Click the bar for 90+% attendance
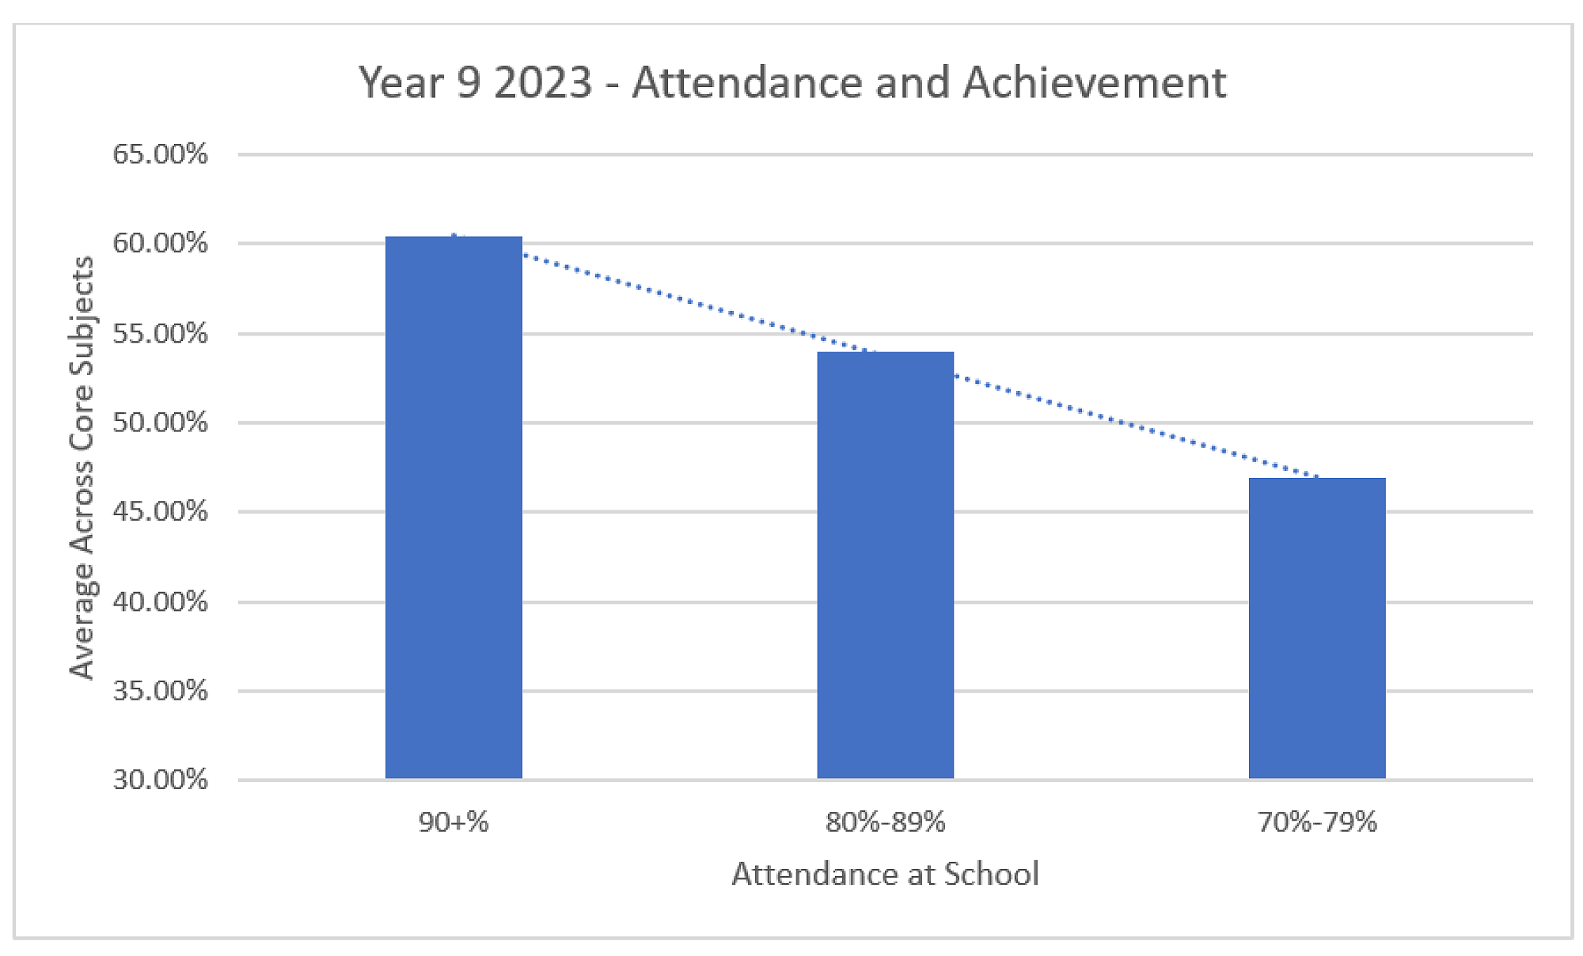click(x=454, y=506)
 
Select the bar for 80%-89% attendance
click(x=885, y=565)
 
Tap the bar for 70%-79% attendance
click(x=1317, y=628)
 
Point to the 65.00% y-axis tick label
click(x=160, y=154)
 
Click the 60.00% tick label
click(x=160, y=243)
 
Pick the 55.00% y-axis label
click(x=160, y=333)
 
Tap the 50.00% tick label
click(x=160, y=422)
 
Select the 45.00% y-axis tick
click(x=160, y=511)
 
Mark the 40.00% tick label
click(x=160, y=601)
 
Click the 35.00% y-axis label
click(x=160, y=691)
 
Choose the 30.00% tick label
click(x=160, y=780)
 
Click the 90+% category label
click(x=454, y=822)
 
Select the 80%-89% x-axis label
click(x=885, y=822)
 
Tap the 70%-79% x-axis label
click(x=1317, y=822)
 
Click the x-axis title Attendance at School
click(x=885, y=874)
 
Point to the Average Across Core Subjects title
click(x=82, y=467)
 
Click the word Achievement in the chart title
click(x=1095, y=82)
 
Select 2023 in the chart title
click(x=543, y=82)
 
